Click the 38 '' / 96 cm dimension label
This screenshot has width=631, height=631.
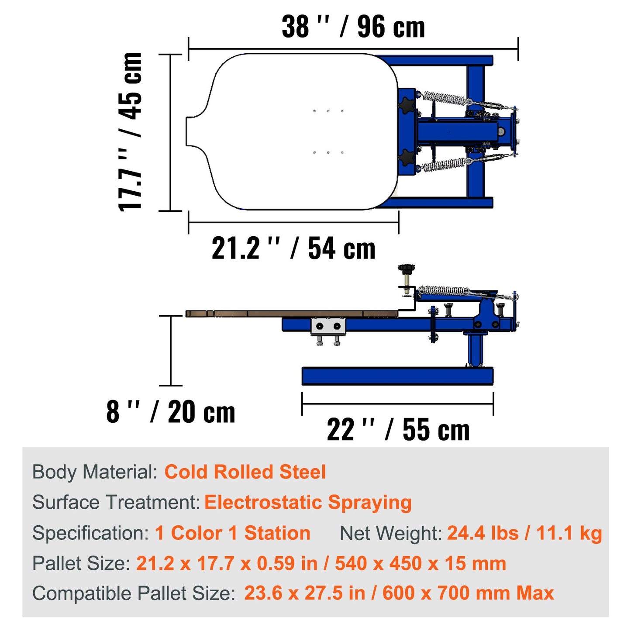coord(353,27)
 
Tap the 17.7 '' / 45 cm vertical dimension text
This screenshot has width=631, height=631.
coord(131,132)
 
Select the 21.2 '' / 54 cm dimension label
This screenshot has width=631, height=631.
coord(293,248)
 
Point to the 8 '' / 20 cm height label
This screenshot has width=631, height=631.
coord(171,412)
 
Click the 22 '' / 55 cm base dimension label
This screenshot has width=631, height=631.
coord(398,430)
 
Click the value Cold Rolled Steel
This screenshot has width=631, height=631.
coord(245,472)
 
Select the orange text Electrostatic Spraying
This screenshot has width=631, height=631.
coord(308,503)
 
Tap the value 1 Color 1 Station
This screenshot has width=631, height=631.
coord(232,533)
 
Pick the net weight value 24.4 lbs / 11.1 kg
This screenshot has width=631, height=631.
coord(524,533)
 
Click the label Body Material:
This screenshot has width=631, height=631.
coord(95,472)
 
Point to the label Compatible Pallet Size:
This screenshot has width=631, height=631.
coord(134,593)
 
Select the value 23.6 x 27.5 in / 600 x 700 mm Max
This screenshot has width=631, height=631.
coord(399,593)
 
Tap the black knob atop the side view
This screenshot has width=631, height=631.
coord(406,268)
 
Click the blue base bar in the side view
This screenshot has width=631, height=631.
coord(397,376)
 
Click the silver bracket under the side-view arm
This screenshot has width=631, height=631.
coord(328,327)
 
